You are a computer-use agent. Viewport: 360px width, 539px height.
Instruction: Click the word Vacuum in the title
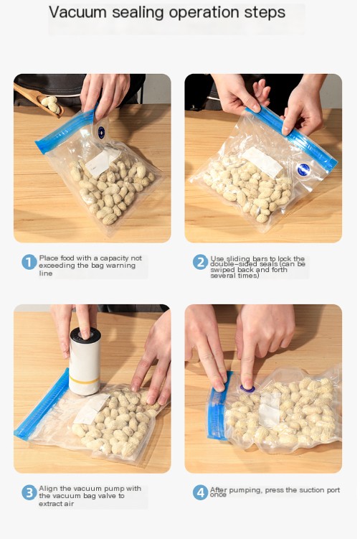(78, 12)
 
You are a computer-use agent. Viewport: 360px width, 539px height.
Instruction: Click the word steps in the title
(265, 13)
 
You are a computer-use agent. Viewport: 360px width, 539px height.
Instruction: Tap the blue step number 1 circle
(29, 262)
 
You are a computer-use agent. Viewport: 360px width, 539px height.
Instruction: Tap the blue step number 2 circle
(200, 262)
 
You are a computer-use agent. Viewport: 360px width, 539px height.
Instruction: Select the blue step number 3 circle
(29, 492)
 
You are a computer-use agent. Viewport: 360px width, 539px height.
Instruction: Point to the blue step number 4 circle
(200, 492)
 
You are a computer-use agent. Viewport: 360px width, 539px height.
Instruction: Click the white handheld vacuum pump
(85, 361)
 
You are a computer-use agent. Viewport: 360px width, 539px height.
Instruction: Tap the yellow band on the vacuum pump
(85, 380)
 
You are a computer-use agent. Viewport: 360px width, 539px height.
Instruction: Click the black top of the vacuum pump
(85, 334)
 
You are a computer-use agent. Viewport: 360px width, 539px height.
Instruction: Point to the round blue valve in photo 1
(101, 133)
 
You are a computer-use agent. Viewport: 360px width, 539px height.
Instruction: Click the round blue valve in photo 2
(303, 170)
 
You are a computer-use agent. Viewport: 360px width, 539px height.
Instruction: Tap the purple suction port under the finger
(247, 389)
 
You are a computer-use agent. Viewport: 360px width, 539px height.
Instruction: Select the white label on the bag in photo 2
(262, 162)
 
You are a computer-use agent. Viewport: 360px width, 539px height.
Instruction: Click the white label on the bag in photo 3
(91, 408)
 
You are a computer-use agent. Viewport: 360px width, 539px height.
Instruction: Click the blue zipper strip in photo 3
(42, 405)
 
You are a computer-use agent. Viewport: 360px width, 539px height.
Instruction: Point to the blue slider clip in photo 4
(217, 406)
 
